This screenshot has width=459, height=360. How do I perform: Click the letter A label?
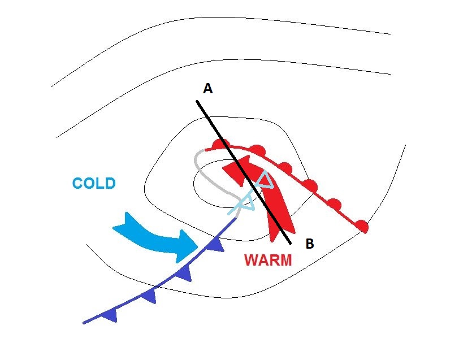[207, 88]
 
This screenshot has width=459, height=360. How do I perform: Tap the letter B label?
[310, 244]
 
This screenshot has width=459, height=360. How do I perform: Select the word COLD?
[94, 184]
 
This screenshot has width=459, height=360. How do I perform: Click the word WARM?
[268, 260]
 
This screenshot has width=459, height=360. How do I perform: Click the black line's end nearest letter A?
[197, 102]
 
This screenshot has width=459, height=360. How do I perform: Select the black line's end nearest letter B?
[290, 242]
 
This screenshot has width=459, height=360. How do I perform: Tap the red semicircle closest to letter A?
[219, 144]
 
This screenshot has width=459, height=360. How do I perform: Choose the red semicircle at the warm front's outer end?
[362, 226]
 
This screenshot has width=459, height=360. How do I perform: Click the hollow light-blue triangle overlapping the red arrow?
[266, 180]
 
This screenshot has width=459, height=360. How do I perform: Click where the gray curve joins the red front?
[205, 150]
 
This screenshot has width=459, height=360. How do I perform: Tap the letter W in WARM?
[251, 260]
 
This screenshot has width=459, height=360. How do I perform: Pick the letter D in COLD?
[111, 184]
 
